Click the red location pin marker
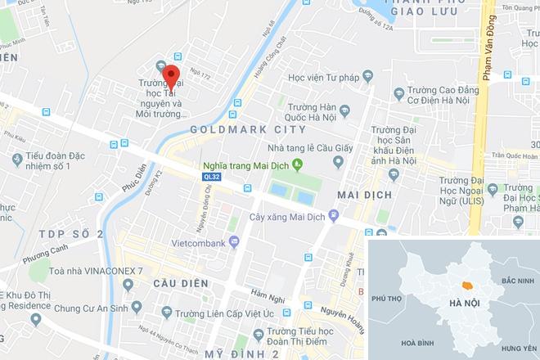tap(170, 79)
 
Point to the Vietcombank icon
tap(233, 241)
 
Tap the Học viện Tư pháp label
tap(323, 78)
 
